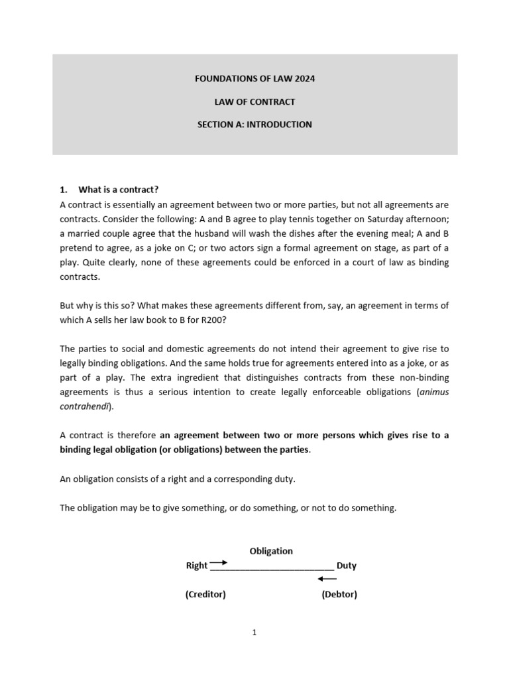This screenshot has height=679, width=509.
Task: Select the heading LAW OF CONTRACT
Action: (254, 101)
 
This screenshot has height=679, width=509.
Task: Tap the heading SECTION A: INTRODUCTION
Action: (254, 124)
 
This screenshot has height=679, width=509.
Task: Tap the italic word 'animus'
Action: (433, 391)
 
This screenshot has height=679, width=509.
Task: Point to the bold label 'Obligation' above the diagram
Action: (271, 551)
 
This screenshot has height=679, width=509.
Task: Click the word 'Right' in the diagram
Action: (197, 566)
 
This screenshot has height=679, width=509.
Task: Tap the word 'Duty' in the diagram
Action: (347, 566)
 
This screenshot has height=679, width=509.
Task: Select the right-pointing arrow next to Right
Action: (219, 562)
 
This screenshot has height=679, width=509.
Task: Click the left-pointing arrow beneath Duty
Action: (327, 579)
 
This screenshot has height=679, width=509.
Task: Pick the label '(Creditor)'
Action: (205, 594)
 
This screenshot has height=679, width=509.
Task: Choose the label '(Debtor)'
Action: (339, 594)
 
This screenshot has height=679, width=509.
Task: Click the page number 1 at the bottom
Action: (254, 633)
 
